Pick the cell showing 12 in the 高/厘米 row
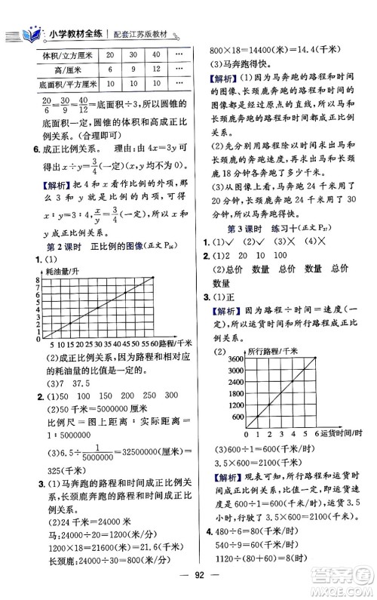tap(155, 70)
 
